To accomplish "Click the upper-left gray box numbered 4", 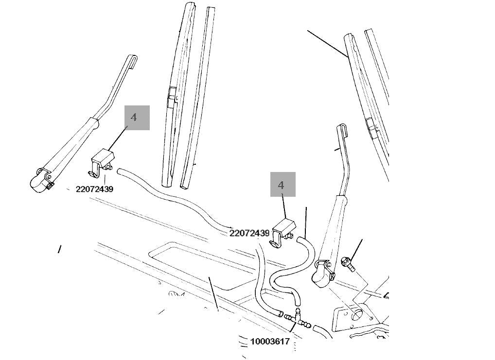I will [137, 118].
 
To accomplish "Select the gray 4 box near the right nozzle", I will [283, 185].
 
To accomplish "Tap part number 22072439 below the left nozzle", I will [94, 189].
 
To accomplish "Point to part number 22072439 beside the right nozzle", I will [249, 233].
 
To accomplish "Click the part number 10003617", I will [270, 342].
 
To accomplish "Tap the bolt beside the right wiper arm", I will [348, 263].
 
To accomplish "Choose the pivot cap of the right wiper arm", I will [320, 274].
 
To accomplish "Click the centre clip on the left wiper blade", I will [172, 97].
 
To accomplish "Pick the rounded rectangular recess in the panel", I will [194, 262].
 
